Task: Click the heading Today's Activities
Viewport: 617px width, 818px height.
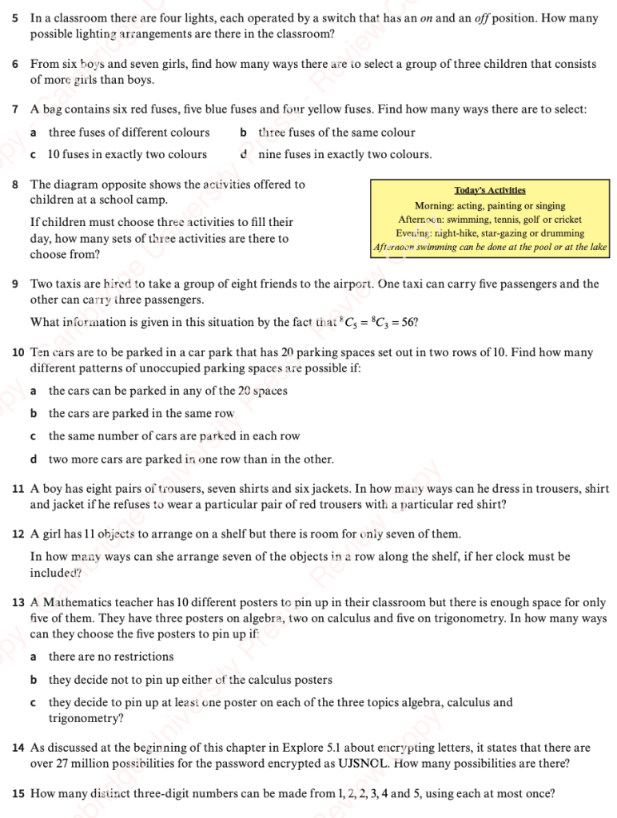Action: point(490,190)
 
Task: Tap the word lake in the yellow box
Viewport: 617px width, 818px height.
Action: point(597,248)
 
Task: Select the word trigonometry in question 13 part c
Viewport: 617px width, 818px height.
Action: point(86,719)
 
